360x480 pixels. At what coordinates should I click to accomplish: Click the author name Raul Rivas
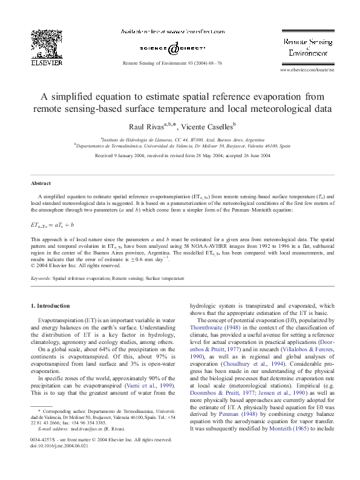pyautogui.click(x=147, y=127)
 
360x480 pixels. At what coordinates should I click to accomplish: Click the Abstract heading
pyautogui.click(x=41, y=183)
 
